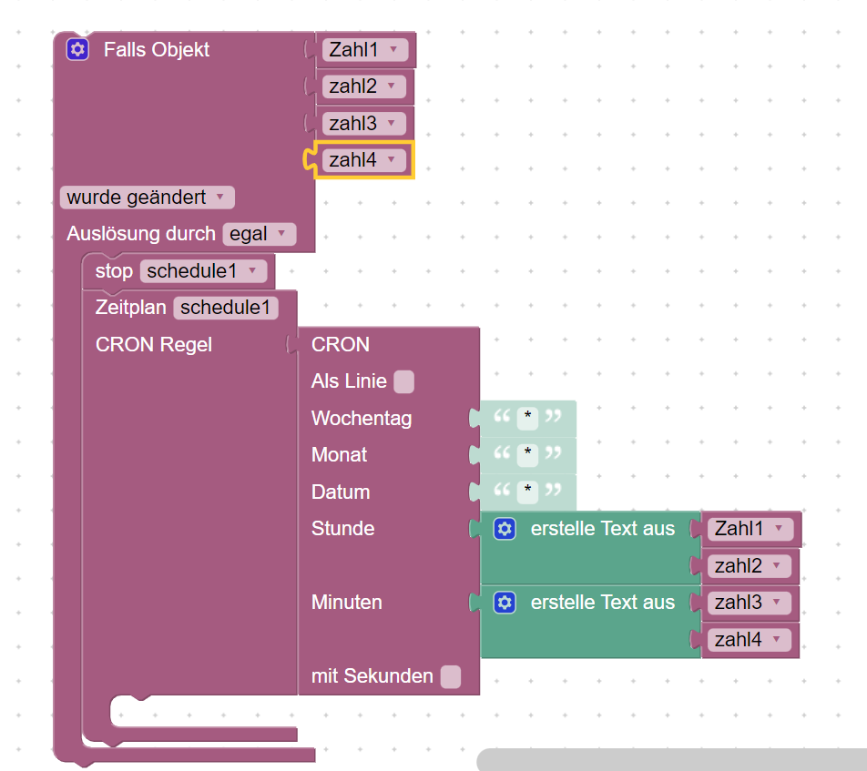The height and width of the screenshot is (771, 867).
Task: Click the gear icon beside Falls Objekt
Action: pos(78,49)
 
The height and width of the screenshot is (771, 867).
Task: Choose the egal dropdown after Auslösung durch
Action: pos(259,234)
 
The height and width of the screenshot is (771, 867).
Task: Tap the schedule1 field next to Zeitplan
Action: pos(225,308)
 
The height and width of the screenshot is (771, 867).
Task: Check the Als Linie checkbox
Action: pos(404,382)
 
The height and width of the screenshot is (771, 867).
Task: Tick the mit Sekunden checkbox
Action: pos(450,676)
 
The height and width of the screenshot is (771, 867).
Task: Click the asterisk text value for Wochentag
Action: pos(527,419)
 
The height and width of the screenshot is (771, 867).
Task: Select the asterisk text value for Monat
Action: pos(527,455)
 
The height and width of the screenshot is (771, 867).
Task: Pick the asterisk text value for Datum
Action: pos(527,492)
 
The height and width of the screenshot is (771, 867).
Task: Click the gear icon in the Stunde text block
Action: pos(505,529)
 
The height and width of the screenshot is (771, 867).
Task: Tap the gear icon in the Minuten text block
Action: pos(505,603)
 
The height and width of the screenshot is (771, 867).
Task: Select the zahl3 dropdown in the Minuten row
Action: pos(749,603)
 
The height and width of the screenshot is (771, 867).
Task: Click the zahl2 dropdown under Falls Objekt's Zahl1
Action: pos(363,86)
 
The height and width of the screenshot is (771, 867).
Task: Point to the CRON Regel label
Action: pos(153,344)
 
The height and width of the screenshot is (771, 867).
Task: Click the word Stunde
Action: pos(342,529)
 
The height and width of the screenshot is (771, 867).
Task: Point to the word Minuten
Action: pos(346,603)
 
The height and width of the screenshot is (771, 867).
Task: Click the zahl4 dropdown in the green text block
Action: pos(749,640)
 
